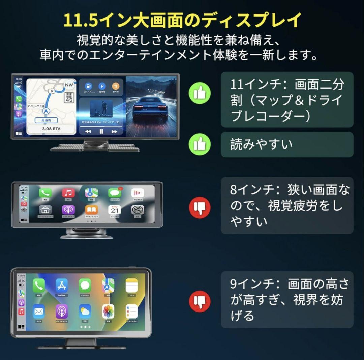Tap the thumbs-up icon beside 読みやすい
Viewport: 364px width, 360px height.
pos(200,144)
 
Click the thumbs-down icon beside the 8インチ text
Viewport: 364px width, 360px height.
pos(200,206)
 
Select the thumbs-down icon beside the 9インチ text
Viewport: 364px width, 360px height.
pos(200,301)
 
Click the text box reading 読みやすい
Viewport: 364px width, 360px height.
pos(287,144)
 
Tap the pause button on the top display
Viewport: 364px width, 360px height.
pos(101,132)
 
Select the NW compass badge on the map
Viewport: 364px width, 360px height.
pos(69,85)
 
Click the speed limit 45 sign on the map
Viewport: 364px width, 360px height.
pos(69,98)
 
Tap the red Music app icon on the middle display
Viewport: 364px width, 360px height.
pos(68,193)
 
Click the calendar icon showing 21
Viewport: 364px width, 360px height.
pos(114,210)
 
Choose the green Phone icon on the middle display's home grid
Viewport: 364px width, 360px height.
pos(45,193)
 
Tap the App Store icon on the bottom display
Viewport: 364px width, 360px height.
pos(62,286)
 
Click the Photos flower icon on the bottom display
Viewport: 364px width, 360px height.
pos(108,311)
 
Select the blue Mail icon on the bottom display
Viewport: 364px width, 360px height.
pos(39,311)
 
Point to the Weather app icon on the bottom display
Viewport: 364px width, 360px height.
pos(85,311)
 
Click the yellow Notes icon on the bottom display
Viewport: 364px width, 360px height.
pos(131,286)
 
